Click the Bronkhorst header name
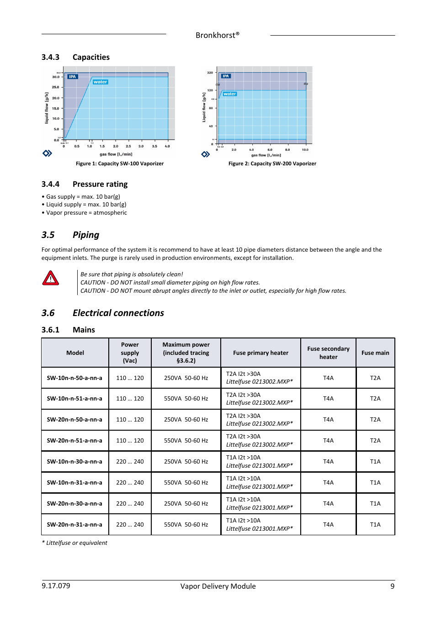[217, 36]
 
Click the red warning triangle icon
[50, 278]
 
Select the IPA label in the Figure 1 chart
[72, 77]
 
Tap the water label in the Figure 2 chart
[229, 94]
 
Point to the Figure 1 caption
[119, 163]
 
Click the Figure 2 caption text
[272, 163]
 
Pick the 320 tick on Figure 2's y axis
[210, 73]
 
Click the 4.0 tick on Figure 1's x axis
[167, 147]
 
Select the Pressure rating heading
[100, 184]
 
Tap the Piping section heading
[85, 235]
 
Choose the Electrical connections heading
[118, 313]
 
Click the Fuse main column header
[375, 353]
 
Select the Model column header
[75, 353]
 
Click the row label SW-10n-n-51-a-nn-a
[74, 399]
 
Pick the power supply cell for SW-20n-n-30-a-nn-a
[130, 504]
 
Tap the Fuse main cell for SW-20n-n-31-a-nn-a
[375, 525]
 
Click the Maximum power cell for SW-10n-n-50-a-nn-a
[186, 378]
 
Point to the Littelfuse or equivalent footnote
[74, 543]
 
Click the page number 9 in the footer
[392, 586]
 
